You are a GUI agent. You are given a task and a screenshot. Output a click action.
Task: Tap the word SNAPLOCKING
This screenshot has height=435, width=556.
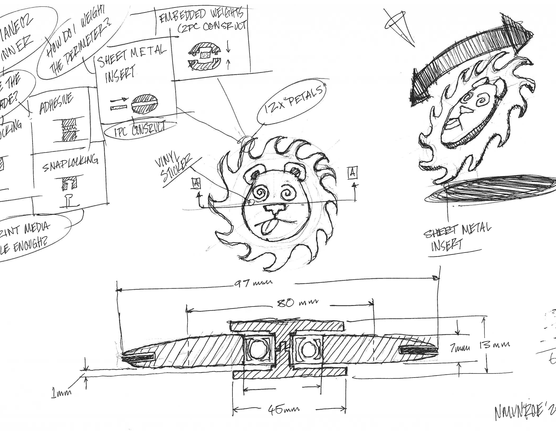(70, 163)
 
